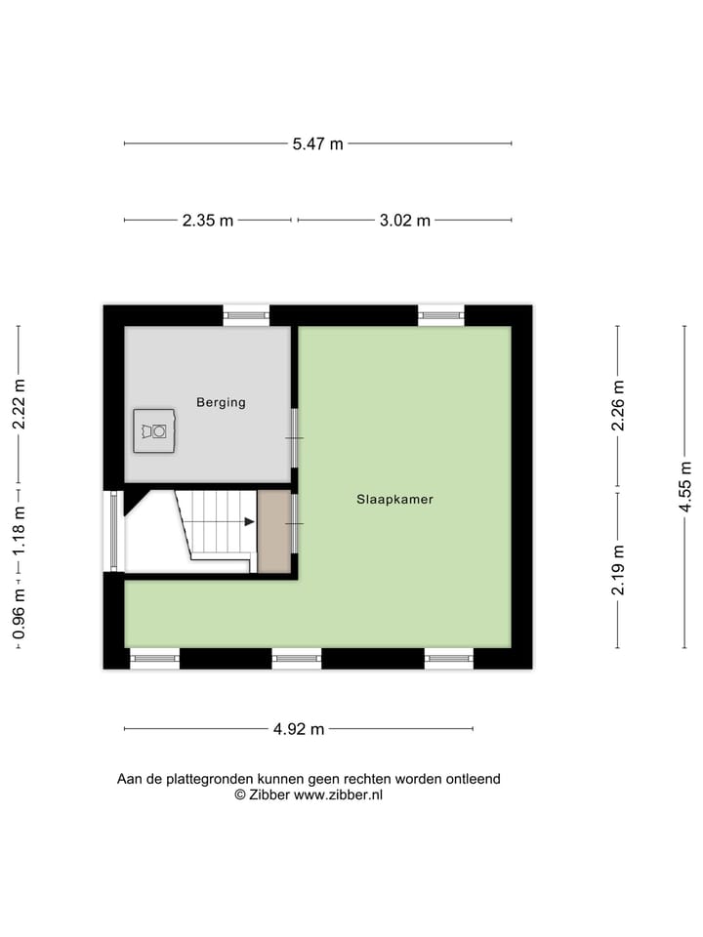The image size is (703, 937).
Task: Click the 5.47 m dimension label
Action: pyautogui.click(x=317, y=144)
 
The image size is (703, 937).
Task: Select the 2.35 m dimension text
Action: pyautogui.click(x=208, y=221)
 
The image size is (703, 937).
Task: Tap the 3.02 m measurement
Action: pyautogui.click(x=404, y=221)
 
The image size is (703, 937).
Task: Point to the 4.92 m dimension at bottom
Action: pyautogui.click(x=299, y=728)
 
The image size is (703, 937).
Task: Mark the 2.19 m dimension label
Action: pyautogui.click(x=617, y=569)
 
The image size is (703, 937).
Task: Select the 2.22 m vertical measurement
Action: pyautogui.click(x=19, y=404)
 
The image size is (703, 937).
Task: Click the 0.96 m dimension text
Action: pyautogui.click(x=19, y=613)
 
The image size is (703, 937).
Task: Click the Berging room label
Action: pyautogui.click(x=221, y=402)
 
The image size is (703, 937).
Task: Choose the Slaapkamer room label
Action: pyautogui.click(x=394, y=499)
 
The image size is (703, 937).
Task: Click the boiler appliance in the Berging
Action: pyautogui.click(x=154, y=430)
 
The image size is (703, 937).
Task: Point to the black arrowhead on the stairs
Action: pyautogui.click(x=249, y=522)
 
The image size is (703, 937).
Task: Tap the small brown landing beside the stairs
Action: pyautogui.click(x=274, y=532)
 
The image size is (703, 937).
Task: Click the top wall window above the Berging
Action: pyautogui.click(x=246, y=314)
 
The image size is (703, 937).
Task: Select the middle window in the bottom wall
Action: pyautogui.click(x=297, y=659)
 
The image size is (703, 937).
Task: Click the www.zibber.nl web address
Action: pyautogui.click(x=338, y=795)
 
